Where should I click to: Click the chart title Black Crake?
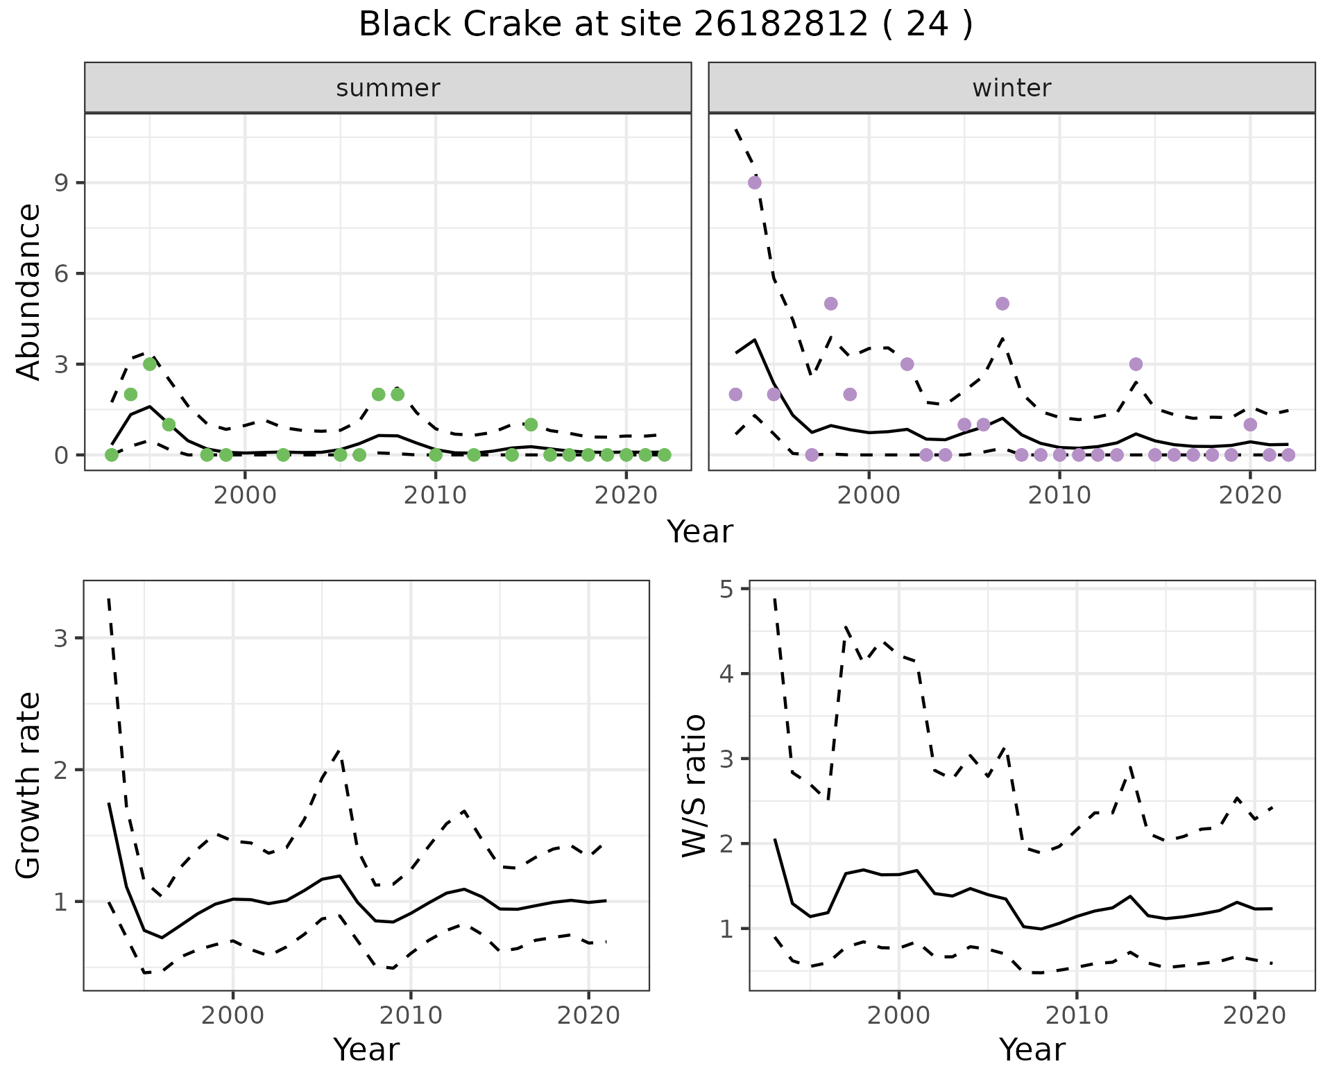(665, 25)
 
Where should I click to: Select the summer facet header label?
(388, 88)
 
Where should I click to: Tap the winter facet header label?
(1011, 88)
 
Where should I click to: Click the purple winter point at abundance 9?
(755, 182)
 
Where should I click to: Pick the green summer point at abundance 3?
(150, 364)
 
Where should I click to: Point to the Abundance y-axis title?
(29, 291)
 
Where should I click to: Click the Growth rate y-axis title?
(29, 785)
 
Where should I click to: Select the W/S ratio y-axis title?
(694, 785)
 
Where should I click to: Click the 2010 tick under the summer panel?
(436, 497)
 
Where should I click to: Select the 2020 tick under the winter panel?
(1250, 497)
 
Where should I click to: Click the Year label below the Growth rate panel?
(366, 1049)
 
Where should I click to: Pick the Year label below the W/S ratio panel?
(1032, 1049)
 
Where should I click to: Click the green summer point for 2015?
(531, 424)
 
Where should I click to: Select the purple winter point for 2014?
(1136, 364)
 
